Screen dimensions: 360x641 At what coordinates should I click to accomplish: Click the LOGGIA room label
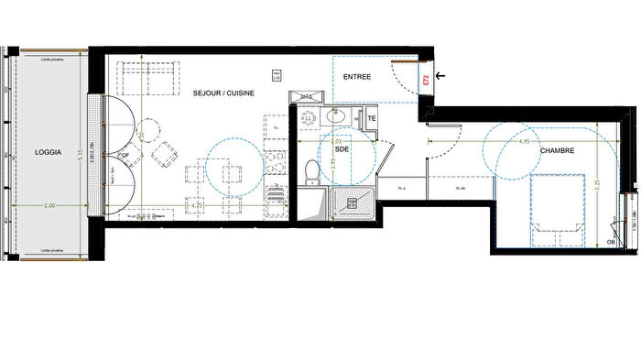pyautogui.click(x=48, y=152)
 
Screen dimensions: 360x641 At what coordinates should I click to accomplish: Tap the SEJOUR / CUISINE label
pyautogui.click(x=223, y=93)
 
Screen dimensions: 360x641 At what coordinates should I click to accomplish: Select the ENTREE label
pyautogui.click(x=357, y=77)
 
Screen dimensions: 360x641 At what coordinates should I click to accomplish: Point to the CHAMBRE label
pyautogui.click(x=557, y=151)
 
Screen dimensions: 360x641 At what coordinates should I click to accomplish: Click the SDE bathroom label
pyautogui.click(x=342, y=147)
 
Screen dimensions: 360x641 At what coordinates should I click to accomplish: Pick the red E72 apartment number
pyautogui.click(x=426, y=81)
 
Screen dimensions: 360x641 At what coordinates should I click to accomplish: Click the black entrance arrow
pyautogui.click(x=442, y=76)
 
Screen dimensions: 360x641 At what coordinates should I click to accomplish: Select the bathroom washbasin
pyautogui.click(x=334, y=118)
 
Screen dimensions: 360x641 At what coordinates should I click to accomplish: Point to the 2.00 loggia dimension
pyautogui.click(x=49, y=207)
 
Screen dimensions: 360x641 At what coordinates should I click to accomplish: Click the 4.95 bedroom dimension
pyautogui.click(x=524, y=142)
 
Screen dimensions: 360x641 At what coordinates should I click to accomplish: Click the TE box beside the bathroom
pyautogui.click(x=372, y=119)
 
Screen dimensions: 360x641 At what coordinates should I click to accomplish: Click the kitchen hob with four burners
pyautogui.click(x=274, y=195)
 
